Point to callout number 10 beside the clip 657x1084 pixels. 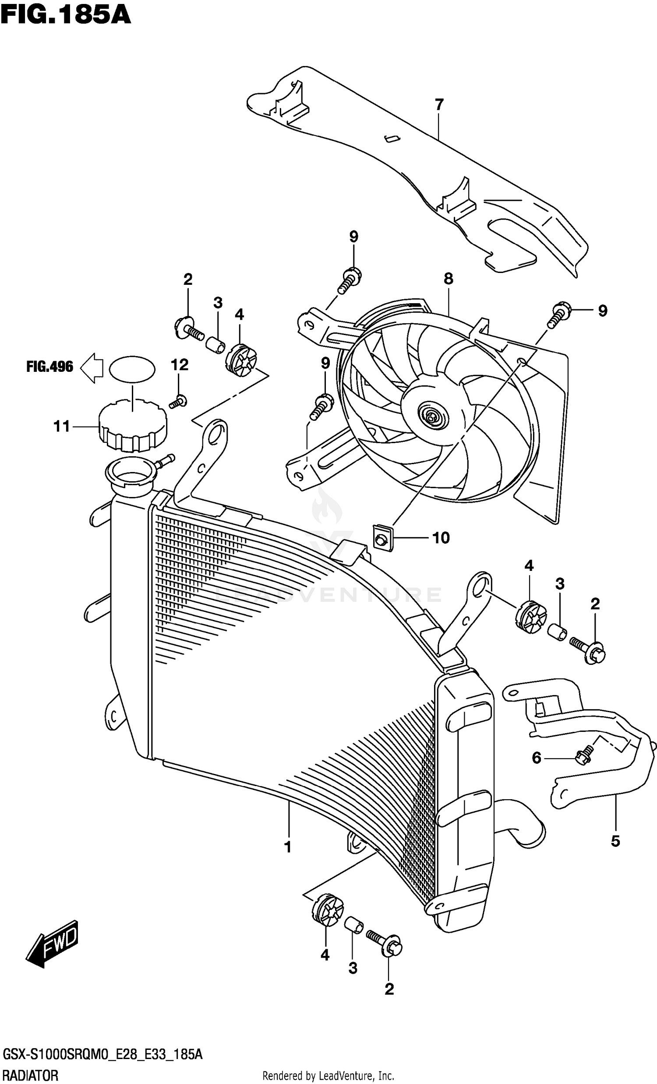(x=441, y=538)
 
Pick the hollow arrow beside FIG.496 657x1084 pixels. (x=92, y=367)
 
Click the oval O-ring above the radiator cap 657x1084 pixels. (x=132, y=370)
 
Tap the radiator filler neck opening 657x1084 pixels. (x=130, y=476)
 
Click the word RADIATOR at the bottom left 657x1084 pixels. (x=30, y=1076)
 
